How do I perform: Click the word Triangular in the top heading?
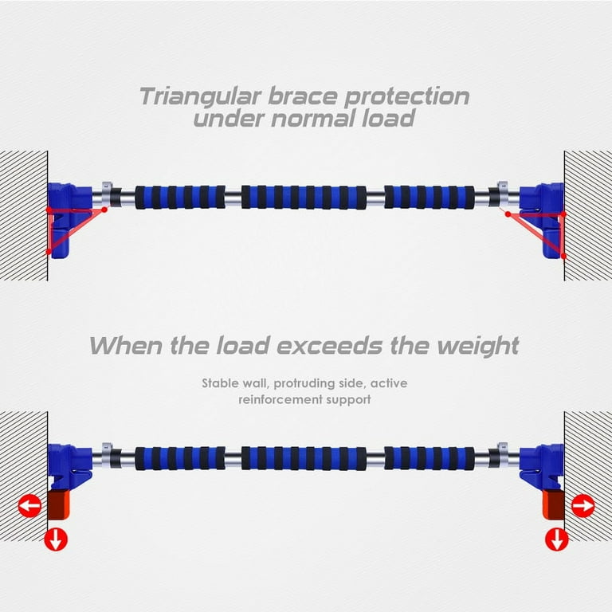200,96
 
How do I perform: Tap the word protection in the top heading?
406,97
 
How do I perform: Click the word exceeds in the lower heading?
329,345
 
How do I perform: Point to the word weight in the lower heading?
478,347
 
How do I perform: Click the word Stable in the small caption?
220,383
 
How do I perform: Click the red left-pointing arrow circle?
30,506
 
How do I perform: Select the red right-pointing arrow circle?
583,506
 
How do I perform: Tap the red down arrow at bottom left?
56,539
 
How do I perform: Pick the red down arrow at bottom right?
556,539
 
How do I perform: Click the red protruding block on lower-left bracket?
58,505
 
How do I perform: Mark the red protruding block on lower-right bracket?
554,505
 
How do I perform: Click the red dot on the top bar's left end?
104,210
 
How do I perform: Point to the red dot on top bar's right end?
508,214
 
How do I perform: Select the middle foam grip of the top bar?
304,197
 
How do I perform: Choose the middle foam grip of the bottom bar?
304,458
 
